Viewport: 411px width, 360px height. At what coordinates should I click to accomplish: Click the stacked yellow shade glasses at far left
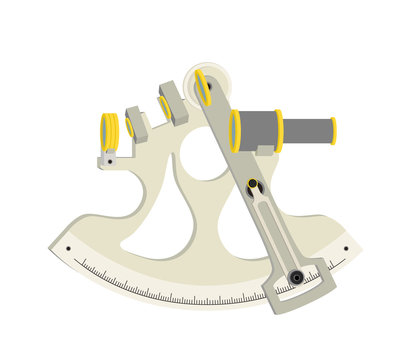click(x=109, y=133)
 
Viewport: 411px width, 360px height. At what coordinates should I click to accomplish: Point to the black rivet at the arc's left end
click(x=68, y=248)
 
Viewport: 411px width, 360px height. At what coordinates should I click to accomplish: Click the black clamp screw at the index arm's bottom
click(x=296, y=277)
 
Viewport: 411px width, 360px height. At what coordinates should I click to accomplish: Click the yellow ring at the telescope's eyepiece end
click(x=333, y=131)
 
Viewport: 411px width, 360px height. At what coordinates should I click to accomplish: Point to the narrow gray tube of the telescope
click(x=306, y=131)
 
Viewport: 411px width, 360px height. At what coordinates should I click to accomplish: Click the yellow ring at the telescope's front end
click(x=235, y=131)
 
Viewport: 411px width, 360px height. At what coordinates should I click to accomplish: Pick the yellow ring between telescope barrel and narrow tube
click(x=279, y=131)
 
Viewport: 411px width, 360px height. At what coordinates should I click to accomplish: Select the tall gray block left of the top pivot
click(x=174, y=103)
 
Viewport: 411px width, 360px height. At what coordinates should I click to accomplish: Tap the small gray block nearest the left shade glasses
click(x=136, y=125)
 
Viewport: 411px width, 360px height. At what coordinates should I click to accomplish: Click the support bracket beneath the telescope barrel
click(x=265, y=153)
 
